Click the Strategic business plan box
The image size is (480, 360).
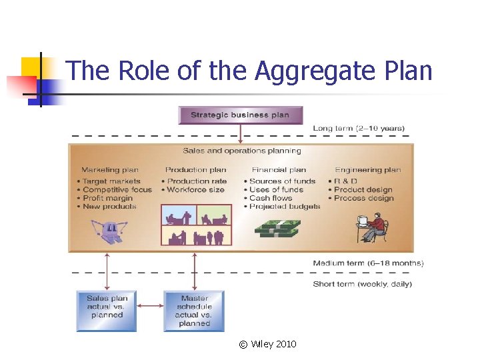point(240,115)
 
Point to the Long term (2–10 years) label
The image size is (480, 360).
point(359,128)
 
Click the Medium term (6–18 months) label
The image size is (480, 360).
point(368,263)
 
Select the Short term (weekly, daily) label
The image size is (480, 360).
point(363,284)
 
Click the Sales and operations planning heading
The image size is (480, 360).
point(242,151)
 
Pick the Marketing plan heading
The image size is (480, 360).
point(110,170)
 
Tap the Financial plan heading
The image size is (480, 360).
point(279,170)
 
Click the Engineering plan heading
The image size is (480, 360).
point(368,170)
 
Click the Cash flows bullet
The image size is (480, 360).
point(271,198)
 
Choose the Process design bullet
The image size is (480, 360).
point(363,198)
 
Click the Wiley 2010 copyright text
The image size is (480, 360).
point(267,344)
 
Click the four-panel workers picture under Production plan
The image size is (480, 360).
point(197,225)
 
